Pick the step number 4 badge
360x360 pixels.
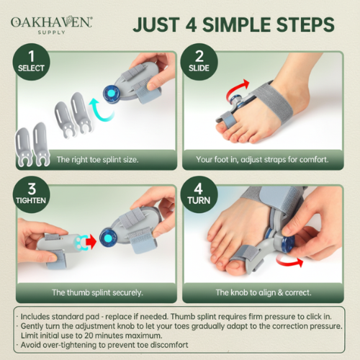tap(199, 192)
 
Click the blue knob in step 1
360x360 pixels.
tap(112, 93)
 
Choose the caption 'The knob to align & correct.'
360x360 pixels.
tap(264, 294)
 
